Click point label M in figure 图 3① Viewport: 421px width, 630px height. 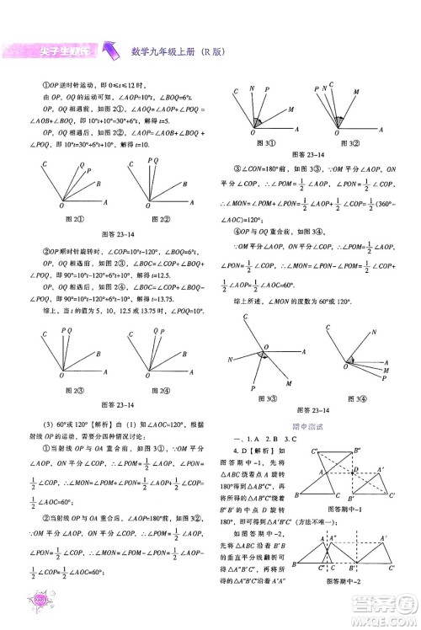pyautogui.click(x=290, y=110)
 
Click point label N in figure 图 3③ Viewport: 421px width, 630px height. pyautogui.click(x=230, y=360)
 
